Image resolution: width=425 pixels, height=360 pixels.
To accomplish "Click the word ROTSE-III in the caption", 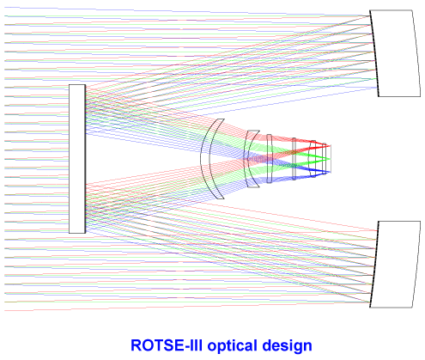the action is pos(167,345).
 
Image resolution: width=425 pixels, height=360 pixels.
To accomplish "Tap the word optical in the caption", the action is pos(232,345).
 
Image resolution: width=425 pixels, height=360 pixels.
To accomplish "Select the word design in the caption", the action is pos(287,345).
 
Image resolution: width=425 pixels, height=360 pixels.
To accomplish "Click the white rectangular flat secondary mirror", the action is pos(77,159).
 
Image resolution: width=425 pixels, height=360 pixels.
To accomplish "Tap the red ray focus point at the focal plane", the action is pos(330,146).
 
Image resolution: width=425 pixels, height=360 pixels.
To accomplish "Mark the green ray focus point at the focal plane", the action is pos(330,159).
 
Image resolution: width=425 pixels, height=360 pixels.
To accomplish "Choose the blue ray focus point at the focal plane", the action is pos(330,172).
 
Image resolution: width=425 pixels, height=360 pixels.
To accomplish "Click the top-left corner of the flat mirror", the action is pos(69,84).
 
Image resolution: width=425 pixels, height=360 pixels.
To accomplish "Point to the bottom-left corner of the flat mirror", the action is pos(69,234).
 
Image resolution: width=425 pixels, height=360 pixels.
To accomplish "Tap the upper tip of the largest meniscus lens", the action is pos(222,119).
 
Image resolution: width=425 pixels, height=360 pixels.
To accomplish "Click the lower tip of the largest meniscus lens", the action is pos(222,199).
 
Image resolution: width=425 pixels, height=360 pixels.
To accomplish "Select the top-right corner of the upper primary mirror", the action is pos(412,10).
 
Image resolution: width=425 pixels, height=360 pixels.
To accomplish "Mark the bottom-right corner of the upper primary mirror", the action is pos(421,97).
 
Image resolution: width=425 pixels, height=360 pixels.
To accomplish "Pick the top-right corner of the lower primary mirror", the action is pos(421,221).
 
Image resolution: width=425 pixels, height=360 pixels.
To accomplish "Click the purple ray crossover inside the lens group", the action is pos(258,158).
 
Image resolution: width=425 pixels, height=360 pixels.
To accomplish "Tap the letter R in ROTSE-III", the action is pos(136,345).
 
